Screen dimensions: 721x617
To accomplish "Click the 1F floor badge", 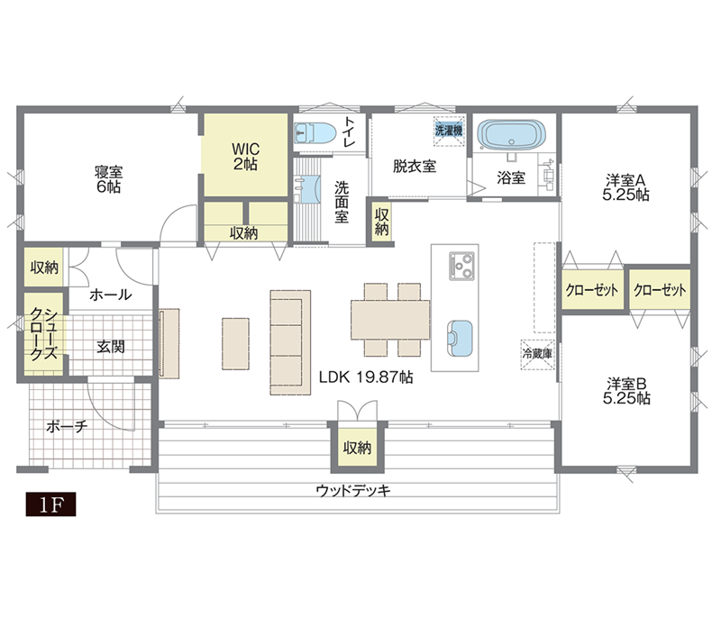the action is pyautogui.click(x=50, y=504).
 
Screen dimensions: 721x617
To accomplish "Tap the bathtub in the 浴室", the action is pyautogui.click(x=511, y=134).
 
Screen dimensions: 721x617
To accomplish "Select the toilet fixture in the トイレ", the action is pyautogui.click(x=314, y=133).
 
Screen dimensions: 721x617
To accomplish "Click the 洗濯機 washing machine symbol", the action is pyautogui.click(x=448, y=131).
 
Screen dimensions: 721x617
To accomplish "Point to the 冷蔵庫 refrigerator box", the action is pyautogui.click(x=537, y=354).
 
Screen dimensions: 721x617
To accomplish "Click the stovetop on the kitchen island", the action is pyautogui.click(x=461, y=266).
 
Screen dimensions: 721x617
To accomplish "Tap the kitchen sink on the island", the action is pyautogui.click(x=460, y=338).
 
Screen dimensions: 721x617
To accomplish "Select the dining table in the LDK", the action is pyautogui.click(x=390, y=320).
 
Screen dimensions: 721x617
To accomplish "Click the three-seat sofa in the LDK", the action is pyautogui.click(x=290, y=342).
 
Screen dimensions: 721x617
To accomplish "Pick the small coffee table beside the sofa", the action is pyautogui.click(x=236, y=344).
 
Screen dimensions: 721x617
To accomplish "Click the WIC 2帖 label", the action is pyautogui.click(x=245, y=157).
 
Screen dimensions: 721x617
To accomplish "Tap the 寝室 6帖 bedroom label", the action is pyautogui.click(x=109, y=179).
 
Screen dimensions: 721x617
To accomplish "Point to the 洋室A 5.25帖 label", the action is pyautogui.click(x=625, y=187).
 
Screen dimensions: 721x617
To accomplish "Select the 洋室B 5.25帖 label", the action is pyautogui.click(x=626, y=391).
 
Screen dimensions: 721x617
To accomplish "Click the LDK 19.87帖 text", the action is pyautogui.click(x=366, y=377).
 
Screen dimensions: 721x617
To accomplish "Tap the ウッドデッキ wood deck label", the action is pyautogui.click(x=353, y=491).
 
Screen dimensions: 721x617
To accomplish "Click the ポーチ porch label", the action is pyautogui.click(x=67, y=427).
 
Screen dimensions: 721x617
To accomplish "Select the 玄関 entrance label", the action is pyautogui.click(x=111, y=347).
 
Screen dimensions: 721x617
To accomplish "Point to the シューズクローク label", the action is pyautogui.click(x=43, y=334).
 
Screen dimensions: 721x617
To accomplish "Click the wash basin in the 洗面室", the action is pyautogui.click(x=307, y=189).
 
